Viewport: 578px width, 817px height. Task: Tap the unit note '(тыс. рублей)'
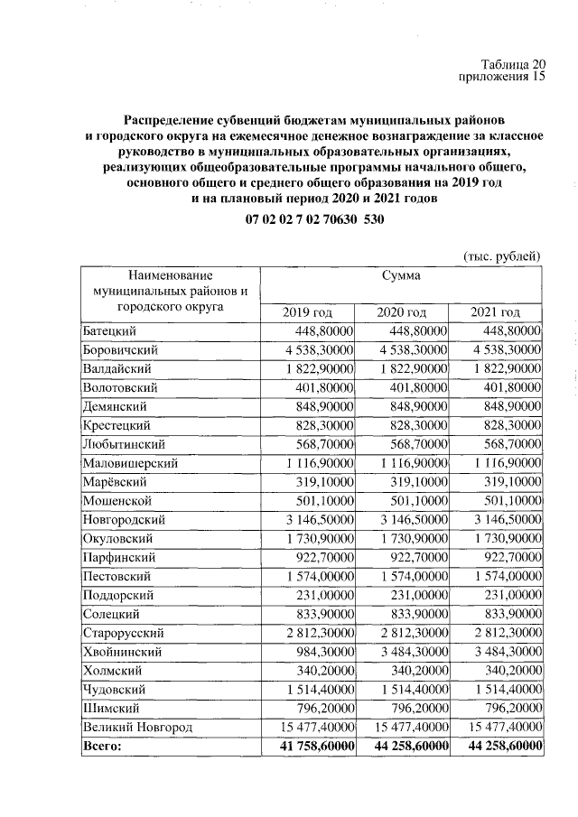coord(501,256)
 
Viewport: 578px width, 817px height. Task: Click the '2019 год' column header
coord(308,312)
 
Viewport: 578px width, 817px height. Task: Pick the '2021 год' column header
coord(495,312)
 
